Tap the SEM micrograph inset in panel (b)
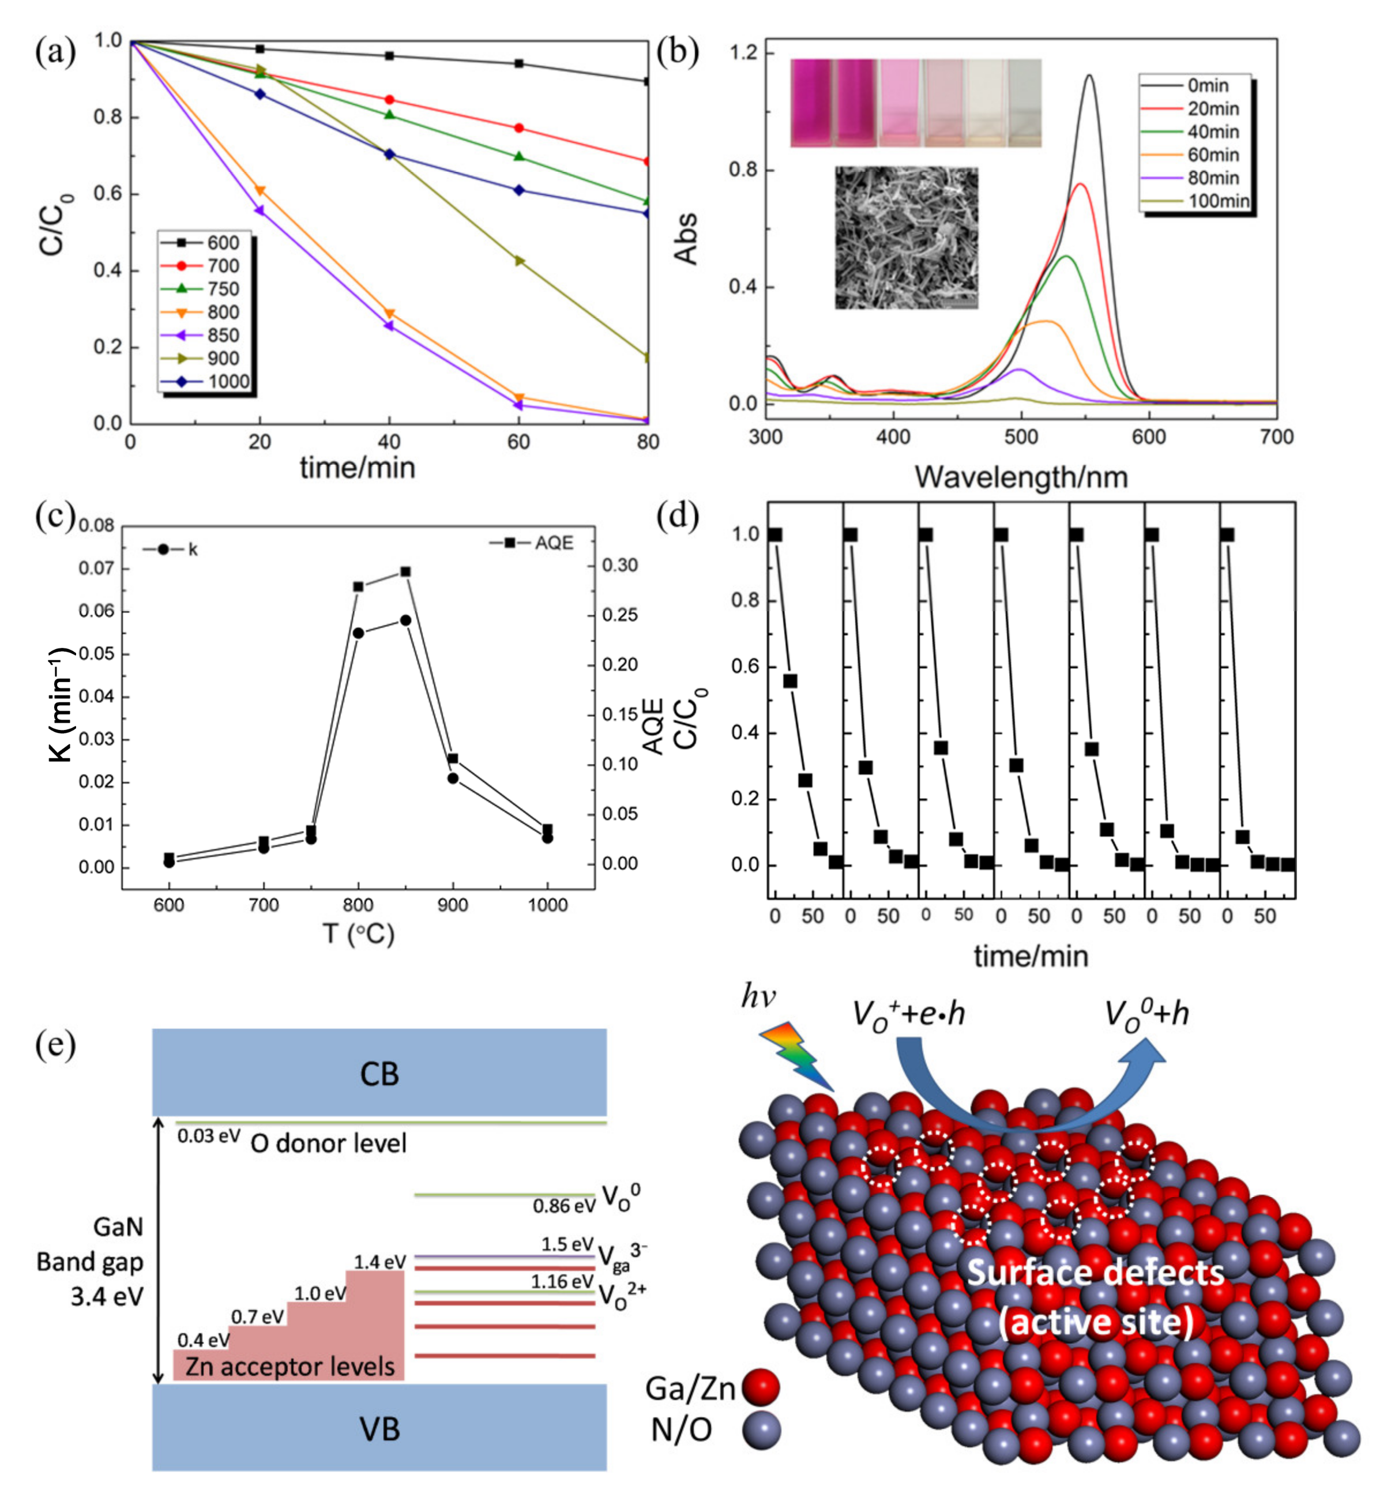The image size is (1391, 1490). (x=906, y=238)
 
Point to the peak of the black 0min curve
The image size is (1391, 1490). (x=1089, y=76)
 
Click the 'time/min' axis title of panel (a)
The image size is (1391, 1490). (x=358, y=468)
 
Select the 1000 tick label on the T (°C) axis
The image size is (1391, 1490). (x=547, y=905)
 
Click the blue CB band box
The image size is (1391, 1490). (x=379, y=1073)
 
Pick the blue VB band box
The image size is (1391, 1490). (x=379, y=1430)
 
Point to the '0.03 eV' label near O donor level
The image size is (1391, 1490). (x=208, y=1136)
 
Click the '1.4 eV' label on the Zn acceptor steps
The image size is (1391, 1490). (x=380, y=1262)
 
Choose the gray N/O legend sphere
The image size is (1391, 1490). (x=761, y=1430)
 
